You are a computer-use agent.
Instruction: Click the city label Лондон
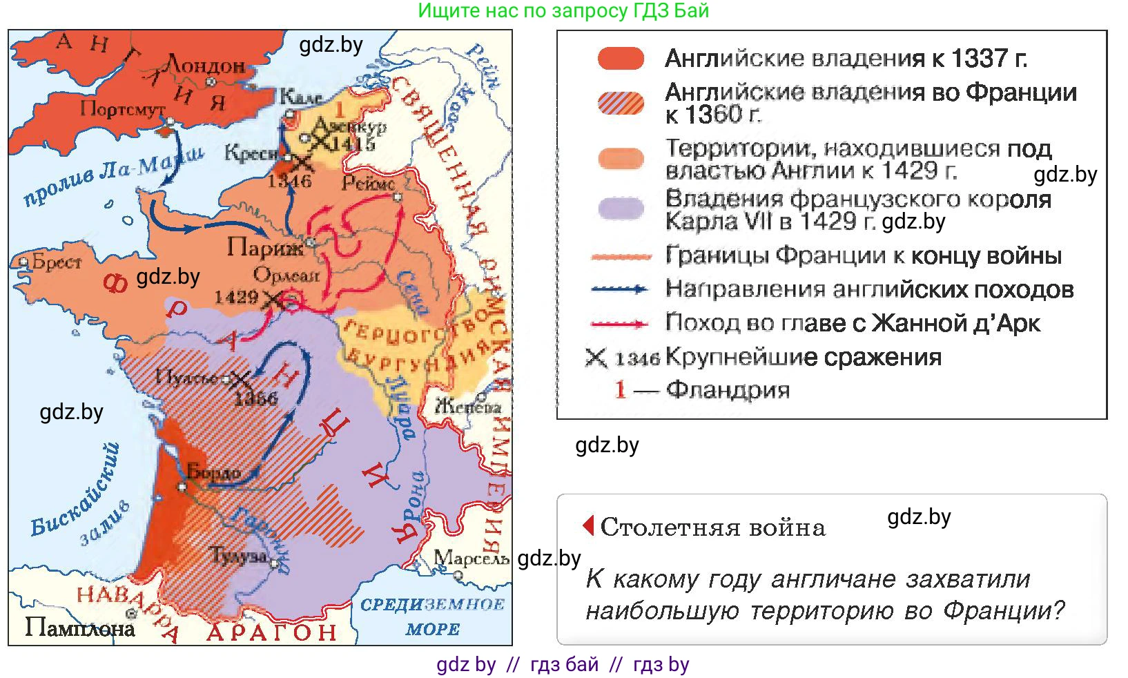click(x=206, y=66)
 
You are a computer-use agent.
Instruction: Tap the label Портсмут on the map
click(x=122, y=108)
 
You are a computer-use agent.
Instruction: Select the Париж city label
click(x=264, y=247)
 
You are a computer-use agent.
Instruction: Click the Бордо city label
click(x=214, y=473)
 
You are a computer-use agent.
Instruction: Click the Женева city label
click(x=468, y=407)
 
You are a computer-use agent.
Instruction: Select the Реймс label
click(x=368, y=183)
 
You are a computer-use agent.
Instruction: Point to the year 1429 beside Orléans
click(x=235, y=297)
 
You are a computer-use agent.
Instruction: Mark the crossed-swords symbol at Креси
click(x=301, y=164)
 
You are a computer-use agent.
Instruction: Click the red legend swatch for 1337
click(x=620, y=59)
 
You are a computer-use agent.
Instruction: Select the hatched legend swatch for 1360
click(x=620, y=103)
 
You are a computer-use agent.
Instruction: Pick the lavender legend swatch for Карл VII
click(x=620, y=208)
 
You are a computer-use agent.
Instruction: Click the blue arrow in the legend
click(x=620, y=289)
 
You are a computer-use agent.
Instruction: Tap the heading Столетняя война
click(x=712, y=527)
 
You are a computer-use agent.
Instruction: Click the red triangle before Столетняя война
click(x=588, y=525)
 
